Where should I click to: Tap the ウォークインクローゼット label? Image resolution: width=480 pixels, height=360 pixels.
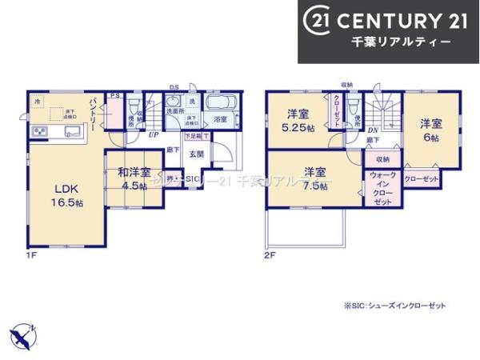tap(382, 189)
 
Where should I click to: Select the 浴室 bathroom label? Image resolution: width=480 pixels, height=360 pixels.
tap(220, 119)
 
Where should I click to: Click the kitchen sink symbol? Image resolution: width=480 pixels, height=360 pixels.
tap(70, 133)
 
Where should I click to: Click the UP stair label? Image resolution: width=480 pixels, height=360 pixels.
tap(151, 135)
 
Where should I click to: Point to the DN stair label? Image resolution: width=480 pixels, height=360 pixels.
tap(373, 131)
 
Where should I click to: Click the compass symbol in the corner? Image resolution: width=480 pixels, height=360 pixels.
tap(22, 333)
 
